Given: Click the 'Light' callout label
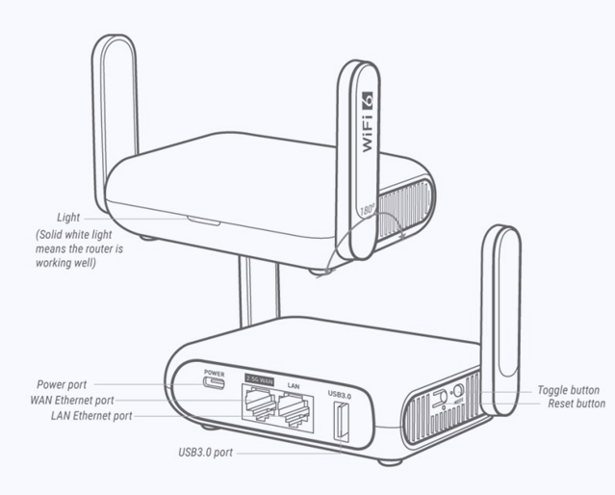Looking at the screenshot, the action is tap(68, 218).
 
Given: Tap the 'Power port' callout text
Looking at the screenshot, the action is tap(62, 384).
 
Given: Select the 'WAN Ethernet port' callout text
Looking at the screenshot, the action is tap(72, 401).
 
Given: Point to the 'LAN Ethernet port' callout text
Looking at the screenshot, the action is tap(91, 416).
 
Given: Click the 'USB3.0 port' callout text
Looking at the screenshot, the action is tap(206, 453).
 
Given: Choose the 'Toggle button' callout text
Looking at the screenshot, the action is tap(569, 390).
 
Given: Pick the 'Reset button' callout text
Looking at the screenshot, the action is tap(577, 404).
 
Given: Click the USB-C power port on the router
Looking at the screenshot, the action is tap(214, 382).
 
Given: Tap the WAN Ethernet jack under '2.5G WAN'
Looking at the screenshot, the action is tap(259, 404).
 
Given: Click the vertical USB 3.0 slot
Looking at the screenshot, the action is tap(341, 421).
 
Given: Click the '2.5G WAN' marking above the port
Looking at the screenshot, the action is tap(259, 379).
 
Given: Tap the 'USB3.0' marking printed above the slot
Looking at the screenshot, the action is tap(340, 393).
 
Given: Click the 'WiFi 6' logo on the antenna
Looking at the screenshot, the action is tap(367, 122).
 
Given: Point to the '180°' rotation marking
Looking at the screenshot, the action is tap(367, 210).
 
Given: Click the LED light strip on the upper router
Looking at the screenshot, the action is tap(204, 221).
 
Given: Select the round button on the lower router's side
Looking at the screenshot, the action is tap(458, 391).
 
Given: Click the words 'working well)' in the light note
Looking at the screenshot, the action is tap(65, 263).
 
